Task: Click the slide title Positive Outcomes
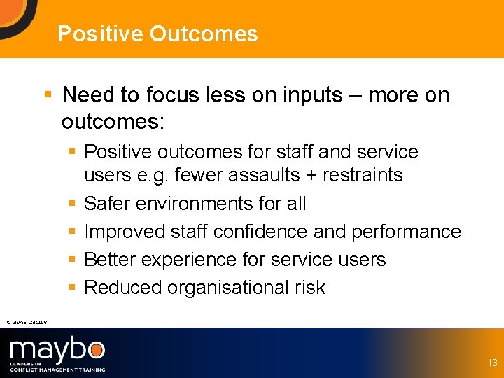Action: coord(157,34)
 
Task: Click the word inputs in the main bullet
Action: coord(307,94)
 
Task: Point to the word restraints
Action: coord(363,175)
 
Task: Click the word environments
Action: coord(199,204)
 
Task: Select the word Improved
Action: coord(122,232)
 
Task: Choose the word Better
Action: coord(110,260)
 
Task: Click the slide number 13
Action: coord(493,363)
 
